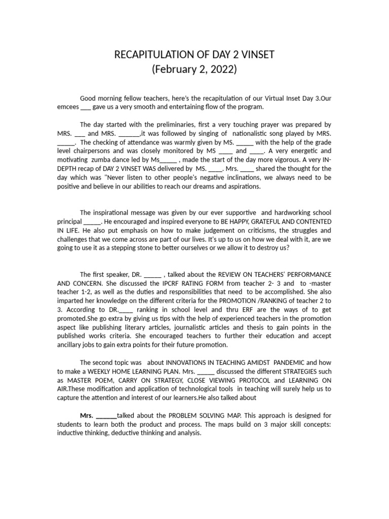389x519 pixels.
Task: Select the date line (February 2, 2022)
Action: [194, 70]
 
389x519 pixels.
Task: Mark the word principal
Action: [68, 221]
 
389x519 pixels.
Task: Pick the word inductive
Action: [74, 433]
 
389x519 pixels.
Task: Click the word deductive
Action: [130, 433]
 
